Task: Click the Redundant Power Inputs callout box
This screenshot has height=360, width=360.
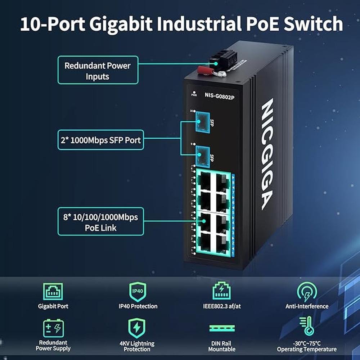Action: pos(97,70)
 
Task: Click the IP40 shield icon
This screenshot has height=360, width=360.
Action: pos(138,292)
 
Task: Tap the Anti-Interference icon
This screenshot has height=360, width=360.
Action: pos(307,292)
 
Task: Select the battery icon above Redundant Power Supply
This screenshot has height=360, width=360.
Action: pos(53,328)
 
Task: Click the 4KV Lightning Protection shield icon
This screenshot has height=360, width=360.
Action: pos(137,328)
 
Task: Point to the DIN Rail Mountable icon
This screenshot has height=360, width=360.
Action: pos(221,328)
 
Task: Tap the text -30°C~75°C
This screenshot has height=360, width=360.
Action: pos(307,343)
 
